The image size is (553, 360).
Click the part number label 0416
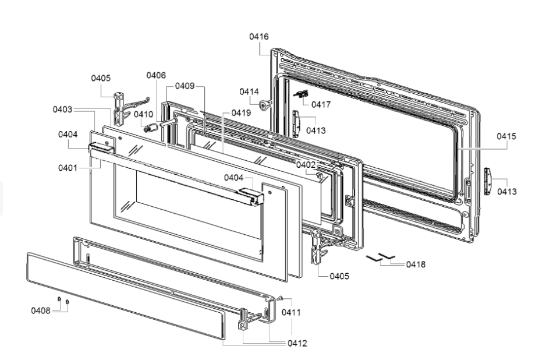[259, 37]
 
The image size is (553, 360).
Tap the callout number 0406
[156, 75]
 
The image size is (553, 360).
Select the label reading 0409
[185, 86]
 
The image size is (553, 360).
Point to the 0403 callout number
[62, 109]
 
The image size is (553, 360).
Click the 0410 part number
[144, 114]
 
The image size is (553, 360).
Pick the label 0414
[249, 91]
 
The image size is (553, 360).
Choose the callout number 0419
[241, 113]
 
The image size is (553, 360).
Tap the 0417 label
[321, 105]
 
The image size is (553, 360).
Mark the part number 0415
[506, 136]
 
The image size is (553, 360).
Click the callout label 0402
[306, 165]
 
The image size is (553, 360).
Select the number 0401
[68, 168]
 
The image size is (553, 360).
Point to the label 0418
[416, 264]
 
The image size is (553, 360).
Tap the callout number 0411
[291, 313]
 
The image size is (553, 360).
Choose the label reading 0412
[297, 343]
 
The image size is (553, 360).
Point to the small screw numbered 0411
[280, 298]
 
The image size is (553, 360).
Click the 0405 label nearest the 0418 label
[339, 276]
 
